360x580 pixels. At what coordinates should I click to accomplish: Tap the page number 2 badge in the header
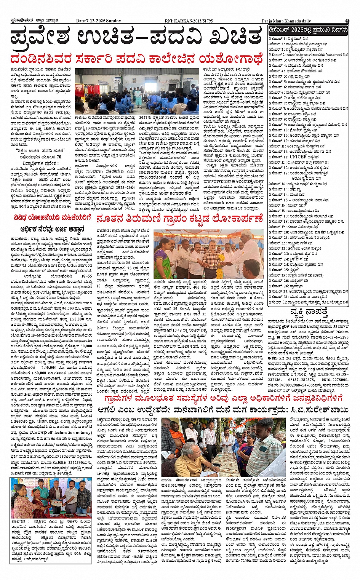(x=347, y=21)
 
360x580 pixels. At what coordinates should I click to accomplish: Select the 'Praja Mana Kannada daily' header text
(x=286, y=21)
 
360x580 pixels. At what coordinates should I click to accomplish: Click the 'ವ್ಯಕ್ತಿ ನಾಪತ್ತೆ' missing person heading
(x=308, y=312)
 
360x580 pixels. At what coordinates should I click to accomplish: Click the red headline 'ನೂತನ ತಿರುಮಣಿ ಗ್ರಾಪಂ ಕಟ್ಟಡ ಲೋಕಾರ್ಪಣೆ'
(x=179, y=219)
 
